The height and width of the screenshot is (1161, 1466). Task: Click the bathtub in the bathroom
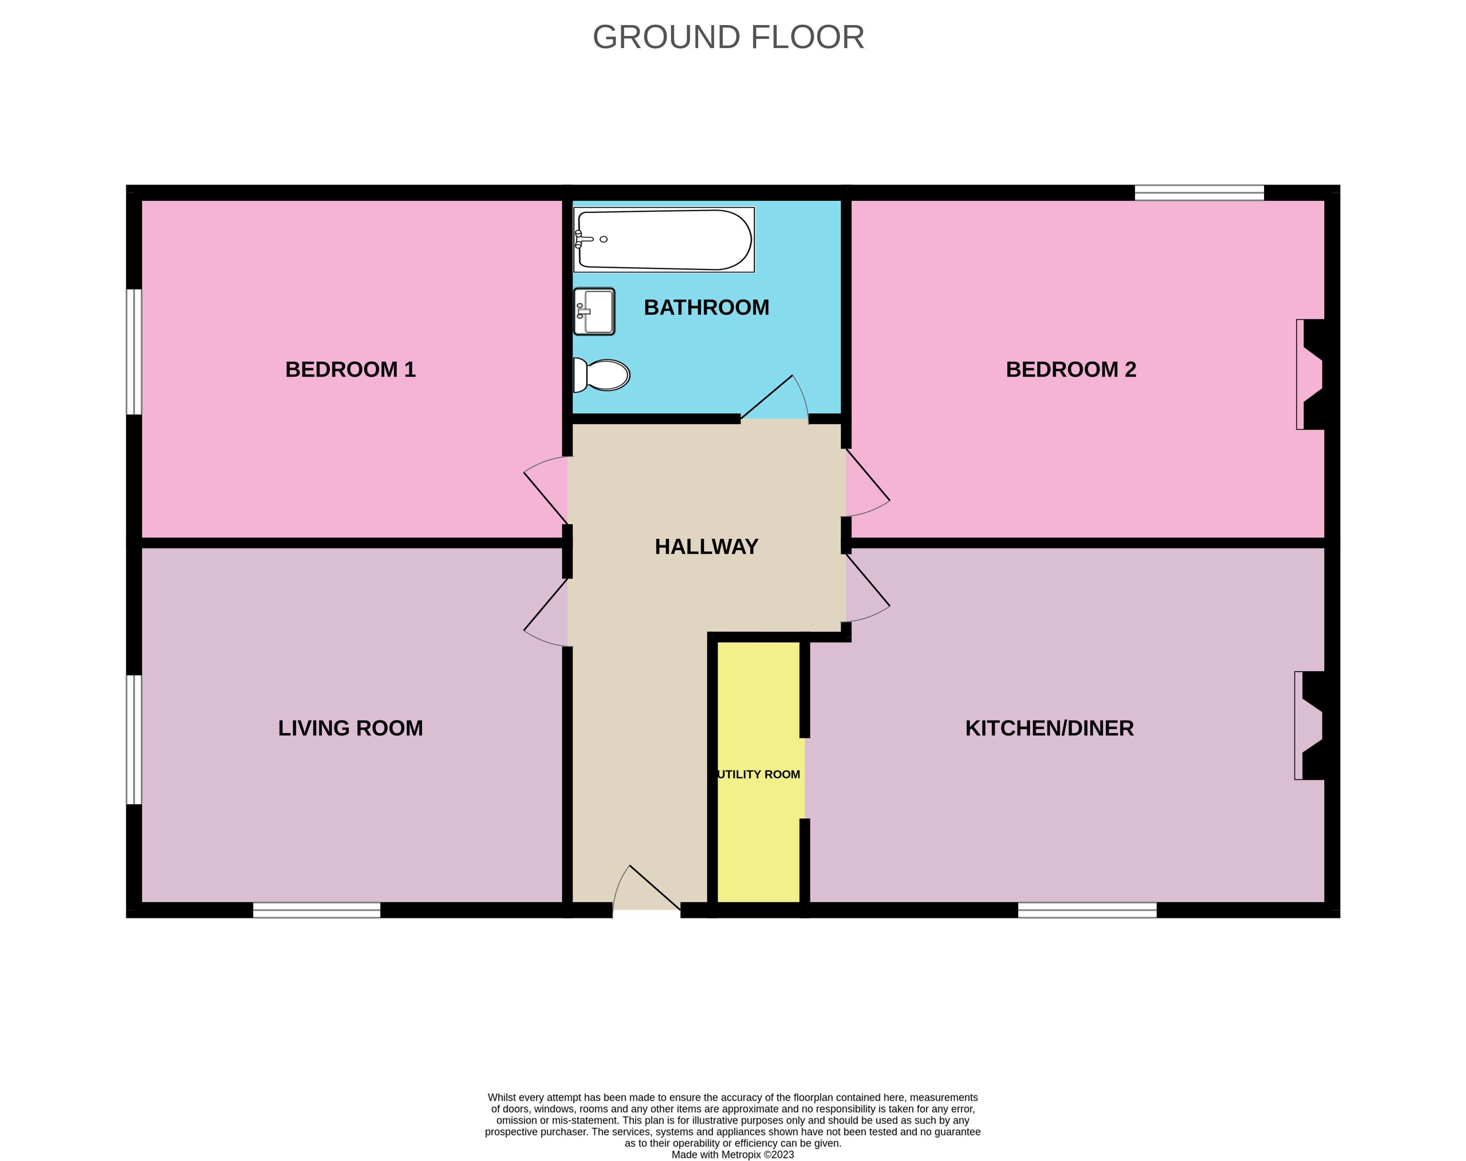click(x=664, y=239)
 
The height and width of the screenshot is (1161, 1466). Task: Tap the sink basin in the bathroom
click(x=594, y=311)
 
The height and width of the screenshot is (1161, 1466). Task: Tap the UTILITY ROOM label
click(x=759, y=774)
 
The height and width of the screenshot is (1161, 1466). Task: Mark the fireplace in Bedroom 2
click(x=1312, y=374)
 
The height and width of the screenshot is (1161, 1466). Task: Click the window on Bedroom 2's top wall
click(x=1199, y=192)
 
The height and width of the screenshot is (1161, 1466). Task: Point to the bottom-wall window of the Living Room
click(x=317, y=910)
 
